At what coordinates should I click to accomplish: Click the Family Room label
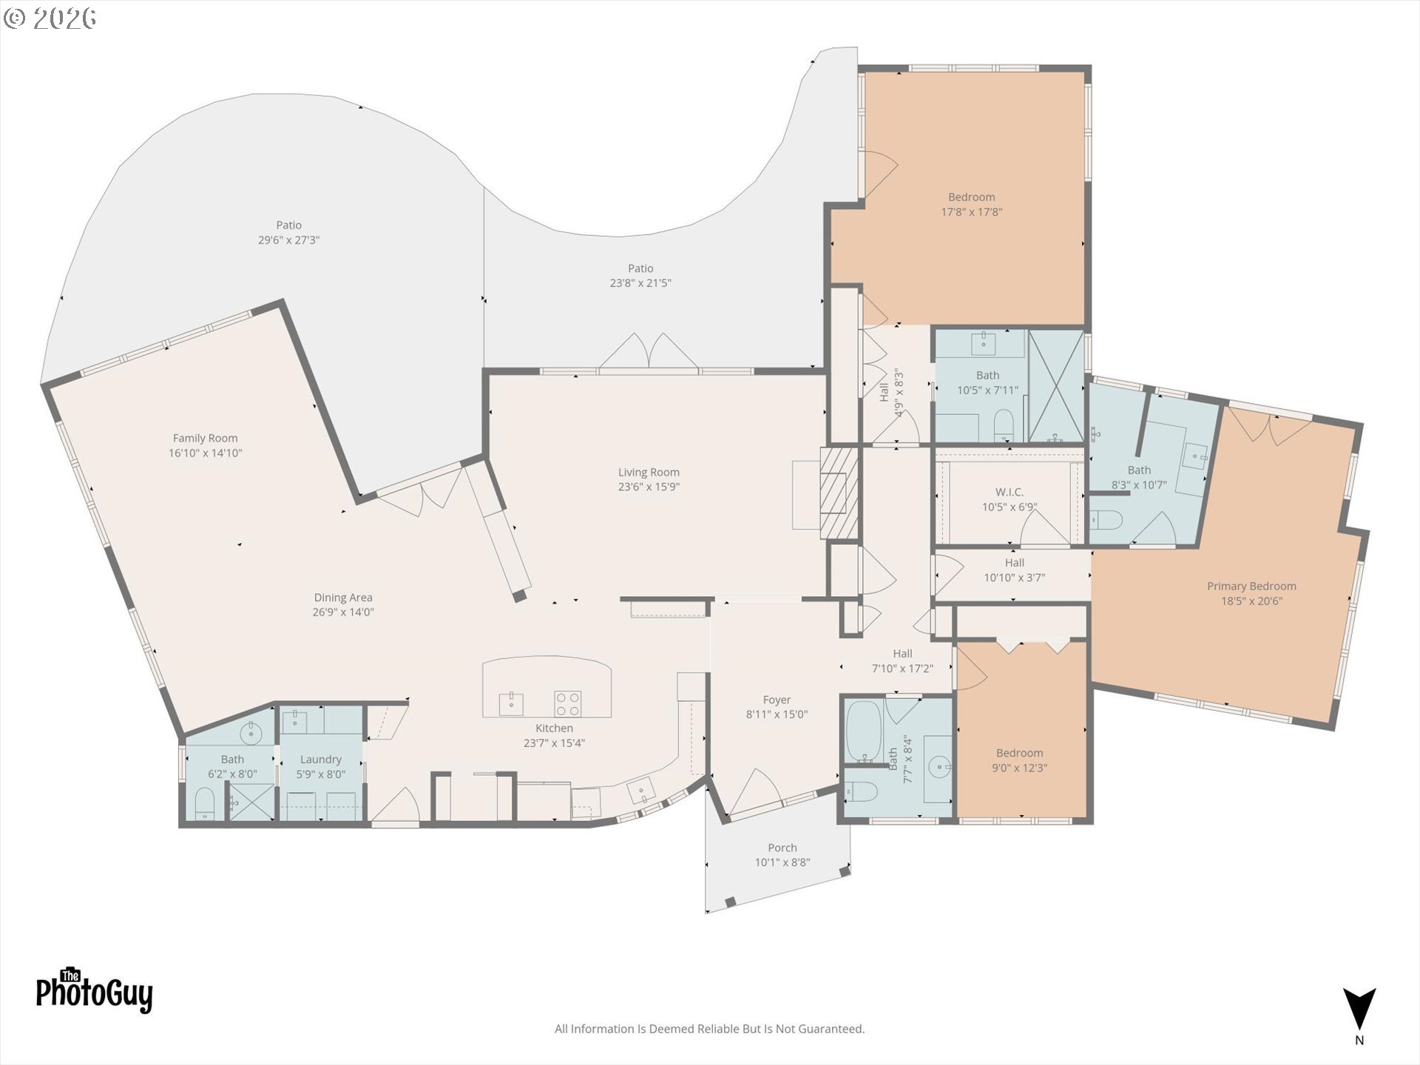(x=206, y=439)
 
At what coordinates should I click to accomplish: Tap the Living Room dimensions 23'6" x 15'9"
(x=649, y=487)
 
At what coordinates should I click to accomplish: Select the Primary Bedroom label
(x=1251, y=586)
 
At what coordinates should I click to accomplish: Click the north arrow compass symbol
(x=1359, y=1010)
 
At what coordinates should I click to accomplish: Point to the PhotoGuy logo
(x=95, y=990)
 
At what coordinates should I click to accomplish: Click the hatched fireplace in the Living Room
(x=839, y=493)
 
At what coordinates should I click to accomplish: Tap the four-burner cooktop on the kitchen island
(x=568, y=703)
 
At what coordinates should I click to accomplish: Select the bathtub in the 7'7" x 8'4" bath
(x=862, y=731)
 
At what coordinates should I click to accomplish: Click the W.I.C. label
(x=1010, y=493)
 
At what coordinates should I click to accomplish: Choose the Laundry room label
(x=321, y=760)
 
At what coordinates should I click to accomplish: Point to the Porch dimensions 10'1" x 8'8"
(x=782, y=862)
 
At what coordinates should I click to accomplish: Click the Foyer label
(x=777, y=700)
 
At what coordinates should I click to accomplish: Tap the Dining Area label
(x=343, y=598)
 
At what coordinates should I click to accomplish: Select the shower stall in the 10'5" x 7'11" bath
(x=1056, y=386)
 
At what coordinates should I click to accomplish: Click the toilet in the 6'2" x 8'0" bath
(x=205, y=804)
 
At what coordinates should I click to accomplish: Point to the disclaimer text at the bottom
(x=710, y=1029)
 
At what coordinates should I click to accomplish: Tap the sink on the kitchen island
(x=511, y=703)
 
